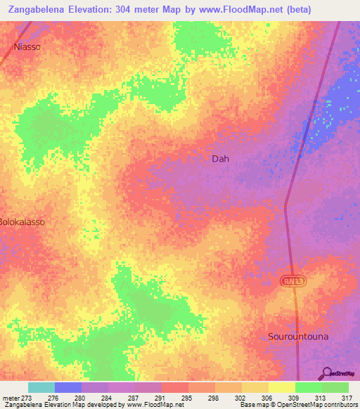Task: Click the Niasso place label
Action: point(27,47)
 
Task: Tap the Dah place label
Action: point(220,159)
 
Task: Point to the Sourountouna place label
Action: point(297,337)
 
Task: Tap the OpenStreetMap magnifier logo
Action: point(326,373)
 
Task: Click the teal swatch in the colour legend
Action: point(41,387)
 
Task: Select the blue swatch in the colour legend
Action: point(68,387)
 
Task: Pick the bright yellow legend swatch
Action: point(282,387)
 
